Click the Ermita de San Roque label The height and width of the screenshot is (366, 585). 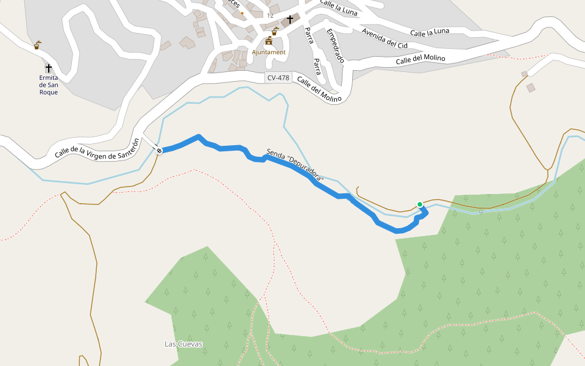[x=49, y=85]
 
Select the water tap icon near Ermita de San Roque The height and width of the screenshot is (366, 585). [x=38, y=45]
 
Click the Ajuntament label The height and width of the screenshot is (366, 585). [x=269, y=52]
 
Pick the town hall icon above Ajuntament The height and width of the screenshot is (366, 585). [x=269, y=41]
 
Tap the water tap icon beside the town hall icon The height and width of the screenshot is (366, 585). [x=275, y=30]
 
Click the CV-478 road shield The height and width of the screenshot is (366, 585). [x=278, y=77]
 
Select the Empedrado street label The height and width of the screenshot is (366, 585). [x=336, y=46]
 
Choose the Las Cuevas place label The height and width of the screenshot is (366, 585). [x=183, y=344]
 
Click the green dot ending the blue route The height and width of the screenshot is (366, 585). [x=420, y=204]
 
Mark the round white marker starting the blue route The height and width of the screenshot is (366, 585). [x=159, y=150]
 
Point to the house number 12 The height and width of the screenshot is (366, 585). [x=270, y=15]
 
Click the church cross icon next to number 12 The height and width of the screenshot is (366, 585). [x=290, y=19]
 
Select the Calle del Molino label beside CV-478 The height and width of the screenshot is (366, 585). [x=317, y=90]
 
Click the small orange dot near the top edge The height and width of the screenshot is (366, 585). [x=243, y=13]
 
